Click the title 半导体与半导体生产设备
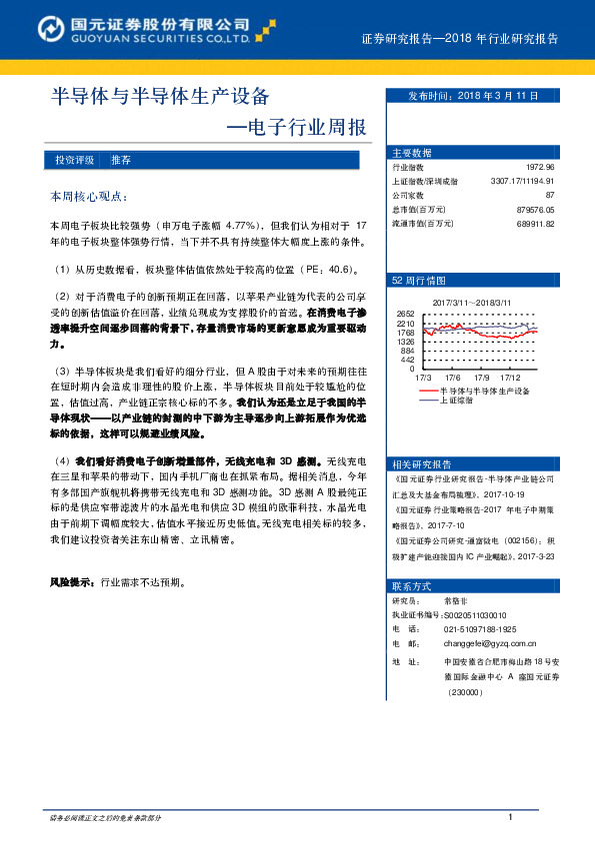(x=160, y=97)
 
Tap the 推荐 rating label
(x=121, y=160)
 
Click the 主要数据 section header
(x=412, y=153)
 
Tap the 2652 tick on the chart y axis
(x=405, y=314)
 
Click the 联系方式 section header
(x=412, y=585)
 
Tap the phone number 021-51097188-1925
(x=480, y=629)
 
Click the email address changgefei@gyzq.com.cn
(x=490, y=645)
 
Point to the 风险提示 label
(x=72, y=580)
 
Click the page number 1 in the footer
(x=511, y=818)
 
